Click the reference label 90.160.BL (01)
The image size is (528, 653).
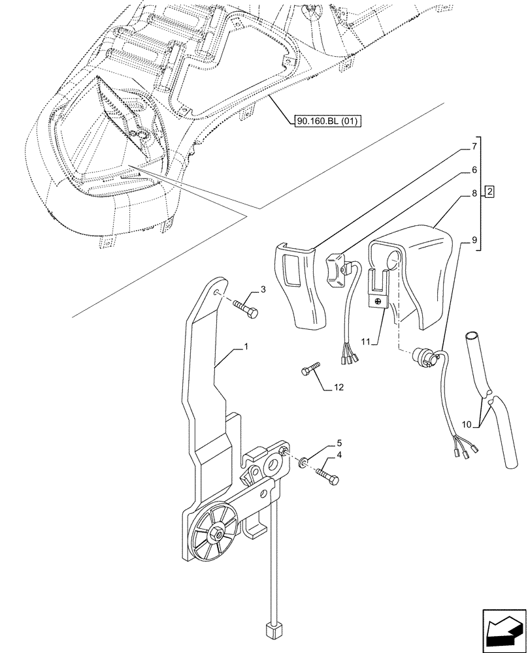click(323, 120)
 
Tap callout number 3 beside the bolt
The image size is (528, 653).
click(263, 289)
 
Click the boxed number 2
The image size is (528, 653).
click(489, 192)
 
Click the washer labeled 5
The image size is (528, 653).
click(303, 464)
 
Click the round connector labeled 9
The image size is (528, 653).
click(421, 357)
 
